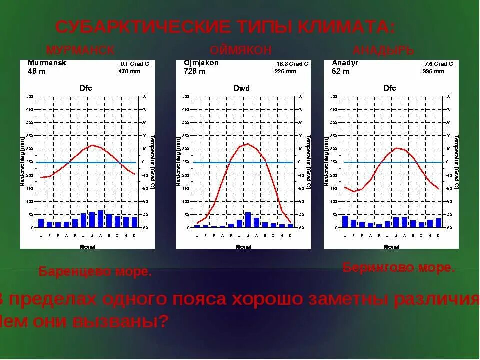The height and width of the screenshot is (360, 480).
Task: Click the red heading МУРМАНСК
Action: [x=80, y=50]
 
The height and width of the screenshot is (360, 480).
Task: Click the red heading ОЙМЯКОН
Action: [x=241, y=50]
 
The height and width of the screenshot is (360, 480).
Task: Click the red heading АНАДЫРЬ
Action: [x=383, y=50]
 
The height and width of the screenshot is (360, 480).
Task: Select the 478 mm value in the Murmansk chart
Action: [x=129, y=71]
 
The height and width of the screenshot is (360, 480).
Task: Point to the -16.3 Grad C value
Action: [x=291, y=64]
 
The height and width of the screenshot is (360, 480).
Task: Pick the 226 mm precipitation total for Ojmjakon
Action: [x=285, y=71]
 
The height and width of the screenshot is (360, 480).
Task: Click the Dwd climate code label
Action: [x=242, y=88]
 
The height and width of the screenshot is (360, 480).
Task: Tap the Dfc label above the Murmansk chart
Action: [x=86, y=88]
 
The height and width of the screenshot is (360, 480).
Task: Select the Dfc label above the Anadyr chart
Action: [x=390, y=88]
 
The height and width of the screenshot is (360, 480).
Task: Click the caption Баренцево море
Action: [x=95, y=272]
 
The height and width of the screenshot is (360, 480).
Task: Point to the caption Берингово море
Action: [x=399, y=267]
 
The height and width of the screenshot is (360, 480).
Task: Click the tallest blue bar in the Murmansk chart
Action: [x=100, y=219]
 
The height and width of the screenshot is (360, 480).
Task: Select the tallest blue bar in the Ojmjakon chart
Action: [x=248, y=220]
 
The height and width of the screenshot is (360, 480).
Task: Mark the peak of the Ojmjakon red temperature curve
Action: [x=248, y=144]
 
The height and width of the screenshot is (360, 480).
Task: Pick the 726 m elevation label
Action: [x=195, y=71]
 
